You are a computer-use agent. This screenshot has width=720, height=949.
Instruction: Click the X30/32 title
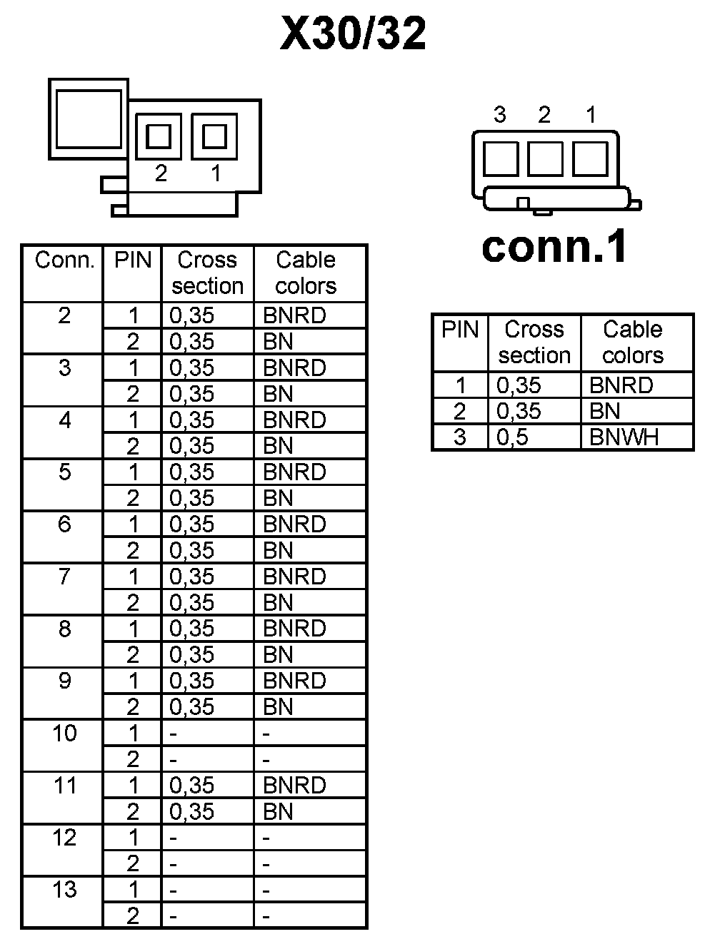(354, 34)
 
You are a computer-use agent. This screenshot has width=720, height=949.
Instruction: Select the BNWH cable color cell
(624, 437)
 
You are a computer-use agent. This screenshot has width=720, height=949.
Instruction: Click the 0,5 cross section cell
(512, 437)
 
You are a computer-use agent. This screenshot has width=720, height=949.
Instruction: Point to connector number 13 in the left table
(64, 890)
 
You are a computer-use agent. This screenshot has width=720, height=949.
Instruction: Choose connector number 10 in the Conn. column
(64, 733)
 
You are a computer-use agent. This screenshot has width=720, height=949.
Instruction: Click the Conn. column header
(64, 260)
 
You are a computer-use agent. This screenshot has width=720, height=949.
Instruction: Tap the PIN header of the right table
(460, 330)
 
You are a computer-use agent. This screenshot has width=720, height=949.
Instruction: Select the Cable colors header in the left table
(306, 273)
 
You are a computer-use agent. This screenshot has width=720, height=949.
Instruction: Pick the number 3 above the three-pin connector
(500, 115)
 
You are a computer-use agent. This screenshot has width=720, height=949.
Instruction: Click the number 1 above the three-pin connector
(591, 115)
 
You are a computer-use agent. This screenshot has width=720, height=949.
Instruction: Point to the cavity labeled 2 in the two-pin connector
(159, 136)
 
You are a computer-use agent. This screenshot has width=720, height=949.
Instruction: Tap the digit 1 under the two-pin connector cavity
(216, 173)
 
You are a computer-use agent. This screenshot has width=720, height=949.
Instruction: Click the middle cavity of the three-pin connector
(545, 158)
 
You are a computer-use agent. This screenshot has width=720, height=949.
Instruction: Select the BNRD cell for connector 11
(294, 785)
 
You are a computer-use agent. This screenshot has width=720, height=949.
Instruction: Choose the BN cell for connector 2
(278, 341)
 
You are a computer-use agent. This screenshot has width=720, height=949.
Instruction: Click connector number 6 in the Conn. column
(64, 524)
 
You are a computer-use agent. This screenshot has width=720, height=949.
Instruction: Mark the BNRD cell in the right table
(621, 385)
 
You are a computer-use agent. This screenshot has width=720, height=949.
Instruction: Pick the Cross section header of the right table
(534, 342)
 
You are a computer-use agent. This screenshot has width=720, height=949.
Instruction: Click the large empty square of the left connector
(88, 119)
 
